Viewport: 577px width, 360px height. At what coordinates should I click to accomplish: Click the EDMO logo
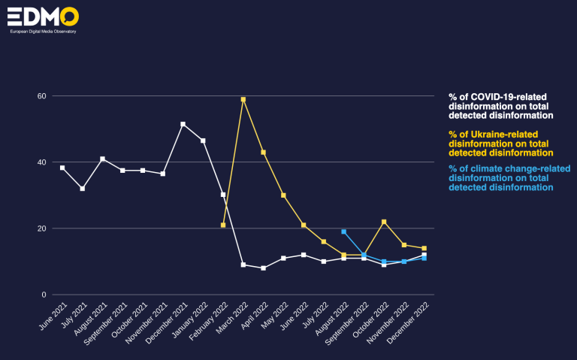43,19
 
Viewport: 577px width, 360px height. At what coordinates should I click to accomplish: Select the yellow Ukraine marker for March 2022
243,99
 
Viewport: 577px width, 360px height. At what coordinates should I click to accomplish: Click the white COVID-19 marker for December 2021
183,124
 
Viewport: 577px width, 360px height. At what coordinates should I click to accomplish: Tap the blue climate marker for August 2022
343,231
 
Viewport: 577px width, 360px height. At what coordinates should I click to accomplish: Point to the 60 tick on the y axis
42,96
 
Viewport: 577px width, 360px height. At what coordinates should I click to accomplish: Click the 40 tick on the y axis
42,162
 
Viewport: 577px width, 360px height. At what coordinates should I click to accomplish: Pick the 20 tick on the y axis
42,228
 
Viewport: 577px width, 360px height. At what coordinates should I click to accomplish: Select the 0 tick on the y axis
44,295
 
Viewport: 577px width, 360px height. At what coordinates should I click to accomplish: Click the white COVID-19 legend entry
500,107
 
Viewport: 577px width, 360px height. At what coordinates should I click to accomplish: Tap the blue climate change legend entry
500,177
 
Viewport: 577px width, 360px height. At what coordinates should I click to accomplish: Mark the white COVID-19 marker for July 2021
82,189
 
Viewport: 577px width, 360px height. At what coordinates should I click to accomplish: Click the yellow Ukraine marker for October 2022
384,222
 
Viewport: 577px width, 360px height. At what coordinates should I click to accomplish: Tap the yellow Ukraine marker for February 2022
223,225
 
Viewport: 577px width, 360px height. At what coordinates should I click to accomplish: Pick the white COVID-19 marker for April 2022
263,268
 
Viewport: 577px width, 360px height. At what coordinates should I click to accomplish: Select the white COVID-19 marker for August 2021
102,159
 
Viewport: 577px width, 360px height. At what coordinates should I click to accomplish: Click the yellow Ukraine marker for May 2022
283,195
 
